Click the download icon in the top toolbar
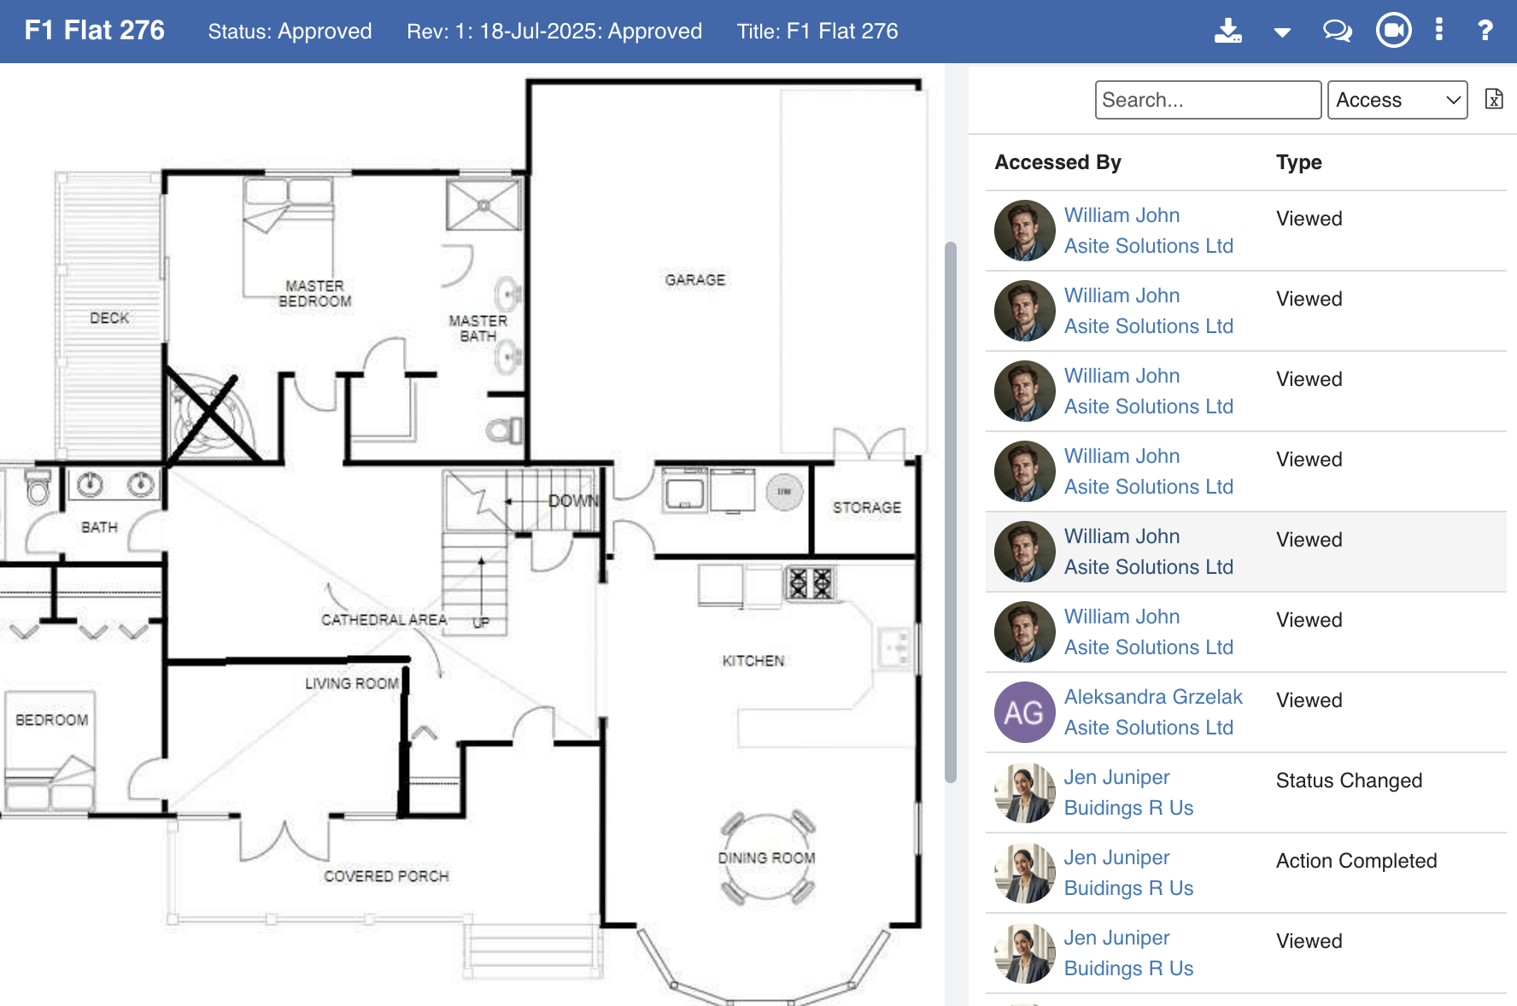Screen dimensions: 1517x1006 click(x=1228, y=31)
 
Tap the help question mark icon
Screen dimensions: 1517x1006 click(x=1485, y=31)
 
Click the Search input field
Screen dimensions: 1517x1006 click(x=1208, y=100)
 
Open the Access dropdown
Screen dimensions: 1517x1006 click(x=1397, y=100)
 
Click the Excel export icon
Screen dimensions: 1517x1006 click(x=1494, y=99)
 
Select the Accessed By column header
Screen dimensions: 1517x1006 click(x=1057, y=162)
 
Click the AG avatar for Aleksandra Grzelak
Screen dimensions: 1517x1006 click(x=1025, y=712)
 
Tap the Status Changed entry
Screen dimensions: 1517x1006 click(x=1349, y=781)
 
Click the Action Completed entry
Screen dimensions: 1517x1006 click(x=1356, y=861)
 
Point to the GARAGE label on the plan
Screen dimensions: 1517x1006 click(x=695, y=280)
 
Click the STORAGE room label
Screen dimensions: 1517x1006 click(x=867, y=507)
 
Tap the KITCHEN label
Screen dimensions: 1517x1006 click(x=753, y=661)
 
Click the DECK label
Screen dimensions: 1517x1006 click(x=109, y=318)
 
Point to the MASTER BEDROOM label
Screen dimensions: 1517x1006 click(x=315, y=294)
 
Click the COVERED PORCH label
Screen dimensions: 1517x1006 click(x=386, y=876)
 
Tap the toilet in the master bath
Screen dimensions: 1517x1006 click(x=505, y=430)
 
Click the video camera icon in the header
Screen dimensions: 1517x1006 click(x=1394, y=31)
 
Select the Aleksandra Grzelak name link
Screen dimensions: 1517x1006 click(x=1153, y=697)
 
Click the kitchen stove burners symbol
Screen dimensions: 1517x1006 click(x=810, y=583)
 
